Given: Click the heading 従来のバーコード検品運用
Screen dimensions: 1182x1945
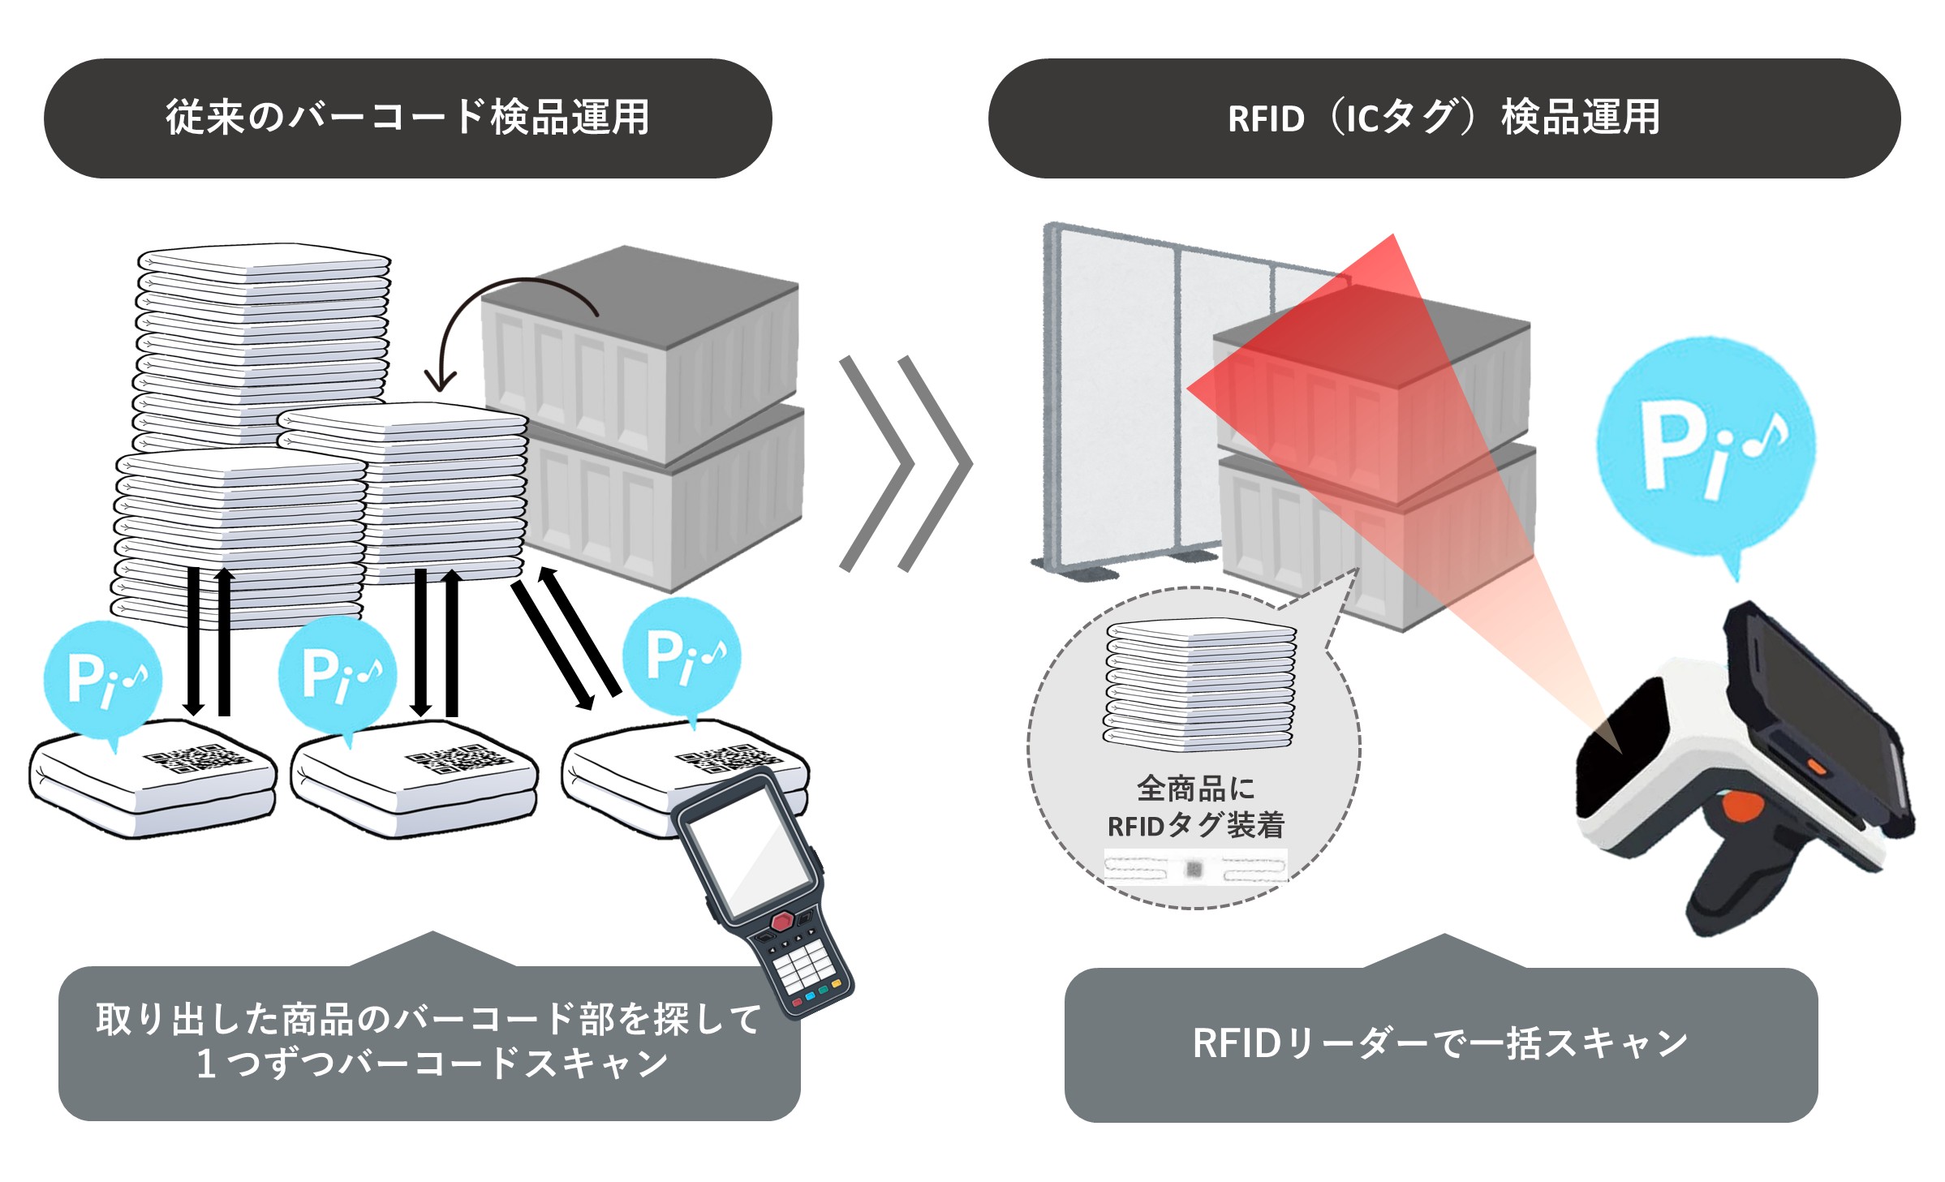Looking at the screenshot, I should click(x=407, y=118).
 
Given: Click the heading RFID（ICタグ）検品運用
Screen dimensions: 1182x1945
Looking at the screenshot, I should click(x=1444, y=118).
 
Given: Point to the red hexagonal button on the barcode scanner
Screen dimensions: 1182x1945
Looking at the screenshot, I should click(x=781, y=922).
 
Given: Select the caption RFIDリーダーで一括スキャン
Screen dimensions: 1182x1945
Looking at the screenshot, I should click(x=1440, y=1043).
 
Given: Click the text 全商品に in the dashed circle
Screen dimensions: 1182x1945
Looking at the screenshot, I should click(x=1195, y=788).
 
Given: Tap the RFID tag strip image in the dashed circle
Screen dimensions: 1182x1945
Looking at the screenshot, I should click(x=1195, y=869).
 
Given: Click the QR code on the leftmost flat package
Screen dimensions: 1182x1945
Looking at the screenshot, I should click(x=196, y=759).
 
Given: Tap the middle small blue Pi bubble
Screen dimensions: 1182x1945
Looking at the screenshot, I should click(x=338, y=673).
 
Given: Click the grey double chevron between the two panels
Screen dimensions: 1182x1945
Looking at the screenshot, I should click(x=905, y=463).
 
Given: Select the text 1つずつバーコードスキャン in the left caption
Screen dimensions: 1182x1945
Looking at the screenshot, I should click(x=432, y=1064).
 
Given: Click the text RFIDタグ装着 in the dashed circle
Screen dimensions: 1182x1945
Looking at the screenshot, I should click(x=1195, y=825).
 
